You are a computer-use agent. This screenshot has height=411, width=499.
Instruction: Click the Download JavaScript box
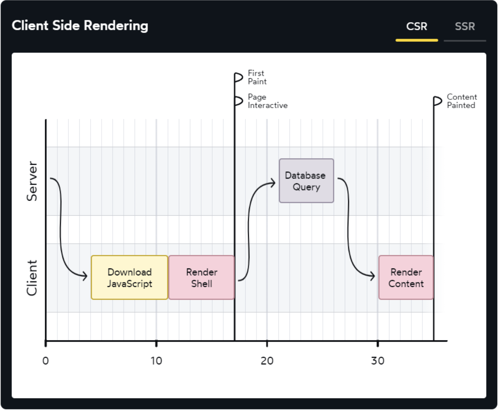(129, 277)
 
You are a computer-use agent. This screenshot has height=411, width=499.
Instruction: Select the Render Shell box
(201, 277)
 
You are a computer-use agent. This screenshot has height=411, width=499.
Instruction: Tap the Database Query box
(306, 181)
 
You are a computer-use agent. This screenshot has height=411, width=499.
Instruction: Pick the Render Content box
(406, 277)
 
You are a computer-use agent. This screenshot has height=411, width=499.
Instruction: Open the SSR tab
(465, 26)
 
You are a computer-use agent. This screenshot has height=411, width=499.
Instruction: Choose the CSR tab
(417, 26)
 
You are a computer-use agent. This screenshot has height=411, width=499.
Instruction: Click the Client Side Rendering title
(80, 25)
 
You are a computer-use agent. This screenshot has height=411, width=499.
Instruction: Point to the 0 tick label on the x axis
(45, 361)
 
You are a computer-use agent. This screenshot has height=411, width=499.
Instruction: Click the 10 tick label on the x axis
(156, 361)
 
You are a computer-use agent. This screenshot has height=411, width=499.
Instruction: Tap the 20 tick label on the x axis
(267, 361)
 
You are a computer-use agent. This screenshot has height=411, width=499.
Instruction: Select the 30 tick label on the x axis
(378, 361)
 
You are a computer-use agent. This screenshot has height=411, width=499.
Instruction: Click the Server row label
(32, 181)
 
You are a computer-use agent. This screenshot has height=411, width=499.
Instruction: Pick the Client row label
(32, 278)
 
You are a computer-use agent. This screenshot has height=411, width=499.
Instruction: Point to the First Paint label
(257, 77)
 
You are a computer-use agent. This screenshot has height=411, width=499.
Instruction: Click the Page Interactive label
(268, 101)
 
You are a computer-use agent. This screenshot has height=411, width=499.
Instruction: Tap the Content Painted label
(462, 101)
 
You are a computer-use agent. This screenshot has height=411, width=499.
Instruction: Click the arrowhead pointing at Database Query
(273, 183)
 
